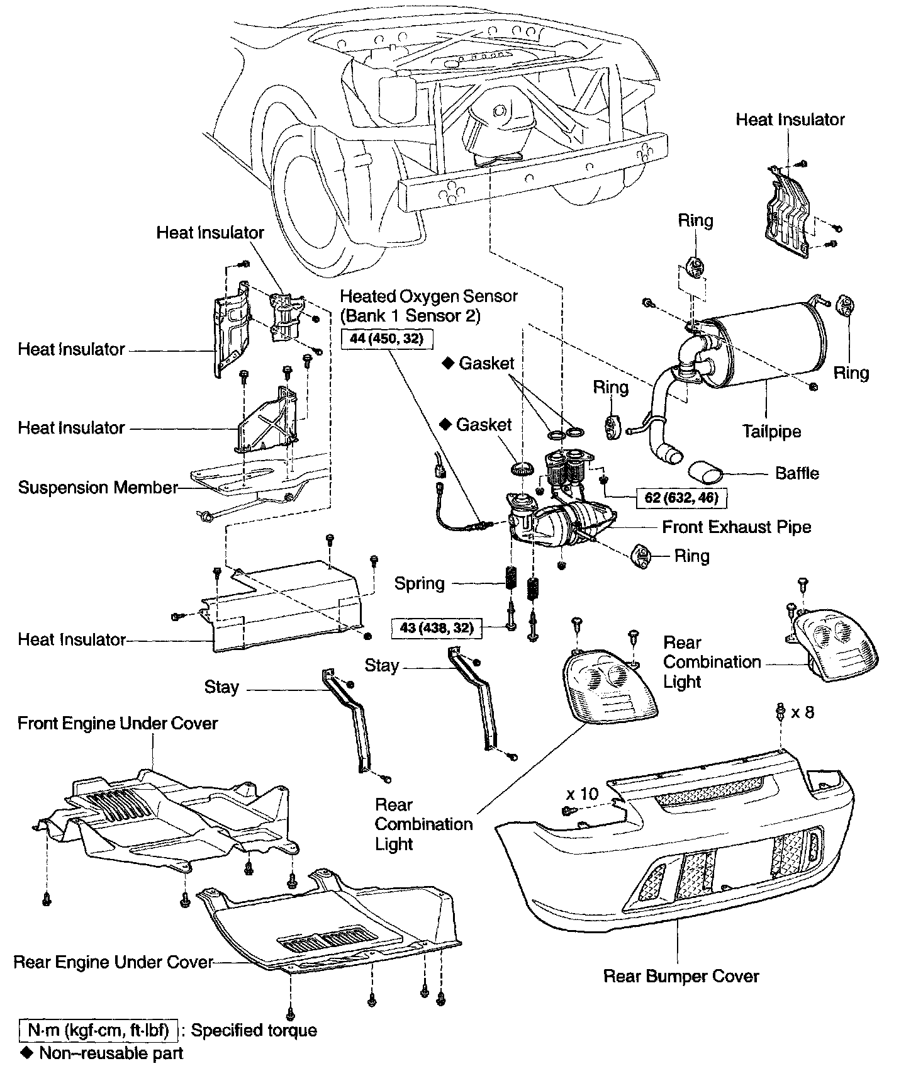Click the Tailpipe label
771,432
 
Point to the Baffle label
797,473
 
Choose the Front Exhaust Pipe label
736,527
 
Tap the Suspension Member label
98,488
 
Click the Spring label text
419,583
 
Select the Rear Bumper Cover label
681,977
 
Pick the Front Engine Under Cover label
118,723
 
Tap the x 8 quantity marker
802,712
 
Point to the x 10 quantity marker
582,794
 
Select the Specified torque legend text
254,1030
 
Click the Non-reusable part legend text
111,1053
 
